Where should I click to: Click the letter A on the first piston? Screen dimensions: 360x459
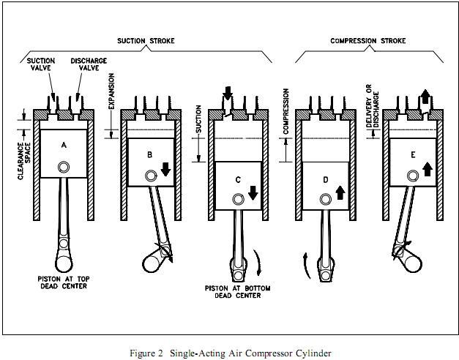click(64, 146)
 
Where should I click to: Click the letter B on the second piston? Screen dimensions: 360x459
click(149, 154)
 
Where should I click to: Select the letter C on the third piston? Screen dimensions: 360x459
click(238, 180)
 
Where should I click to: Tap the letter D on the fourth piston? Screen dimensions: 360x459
click(325, 180)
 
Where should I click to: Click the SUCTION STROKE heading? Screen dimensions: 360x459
click(146, 41)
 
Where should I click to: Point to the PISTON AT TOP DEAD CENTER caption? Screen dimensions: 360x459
click(64, 282)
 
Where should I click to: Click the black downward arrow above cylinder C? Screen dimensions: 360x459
click(227, 93)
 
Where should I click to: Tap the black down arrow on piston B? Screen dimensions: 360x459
click(165, 169)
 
